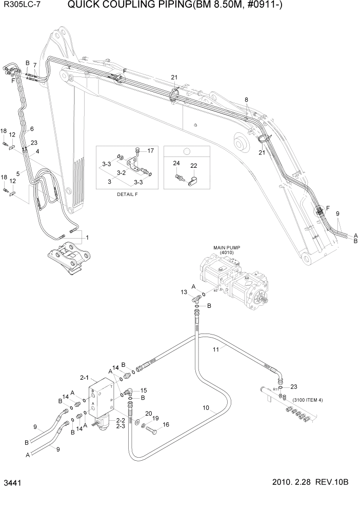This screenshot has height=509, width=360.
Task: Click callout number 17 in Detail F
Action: pyautogui.click(x=150, y=150)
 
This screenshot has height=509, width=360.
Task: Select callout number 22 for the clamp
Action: pyautogui.click(x=194, y=166)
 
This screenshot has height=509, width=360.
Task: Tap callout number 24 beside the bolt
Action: pyautogui.click(x=176, y=163)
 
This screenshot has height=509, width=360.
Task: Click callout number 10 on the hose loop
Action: pyautogui.click(x=206, y=408)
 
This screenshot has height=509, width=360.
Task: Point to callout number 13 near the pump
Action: pyautogui.click(x=184, y=292)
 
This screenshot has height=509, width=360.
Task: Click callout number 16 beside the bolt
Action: pyautogui.click(x=166, y=425)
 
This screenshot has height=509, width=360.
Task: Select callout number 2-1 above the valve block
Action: pyautogui.click(x=85, y=377)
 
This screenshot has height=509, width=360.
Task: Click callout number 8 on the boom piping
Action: pyautogui.click(x=246, y=100)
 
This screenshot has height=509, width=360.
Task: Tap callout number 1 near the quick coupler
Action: pyautogui.click(x=87, y=237)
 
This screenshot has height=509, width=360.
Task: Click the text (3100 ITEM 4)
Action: pyautogui.click(x=307, y=399)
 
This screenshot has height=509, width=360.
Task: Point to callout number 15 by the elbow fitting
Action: pyautogui.click(x=144, y=390)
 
